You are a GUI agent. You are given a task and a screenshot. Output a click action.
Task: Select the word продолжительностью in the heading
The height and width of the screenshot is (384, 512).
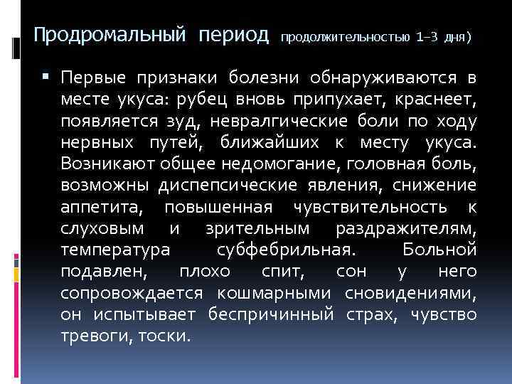coord(346,36)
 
